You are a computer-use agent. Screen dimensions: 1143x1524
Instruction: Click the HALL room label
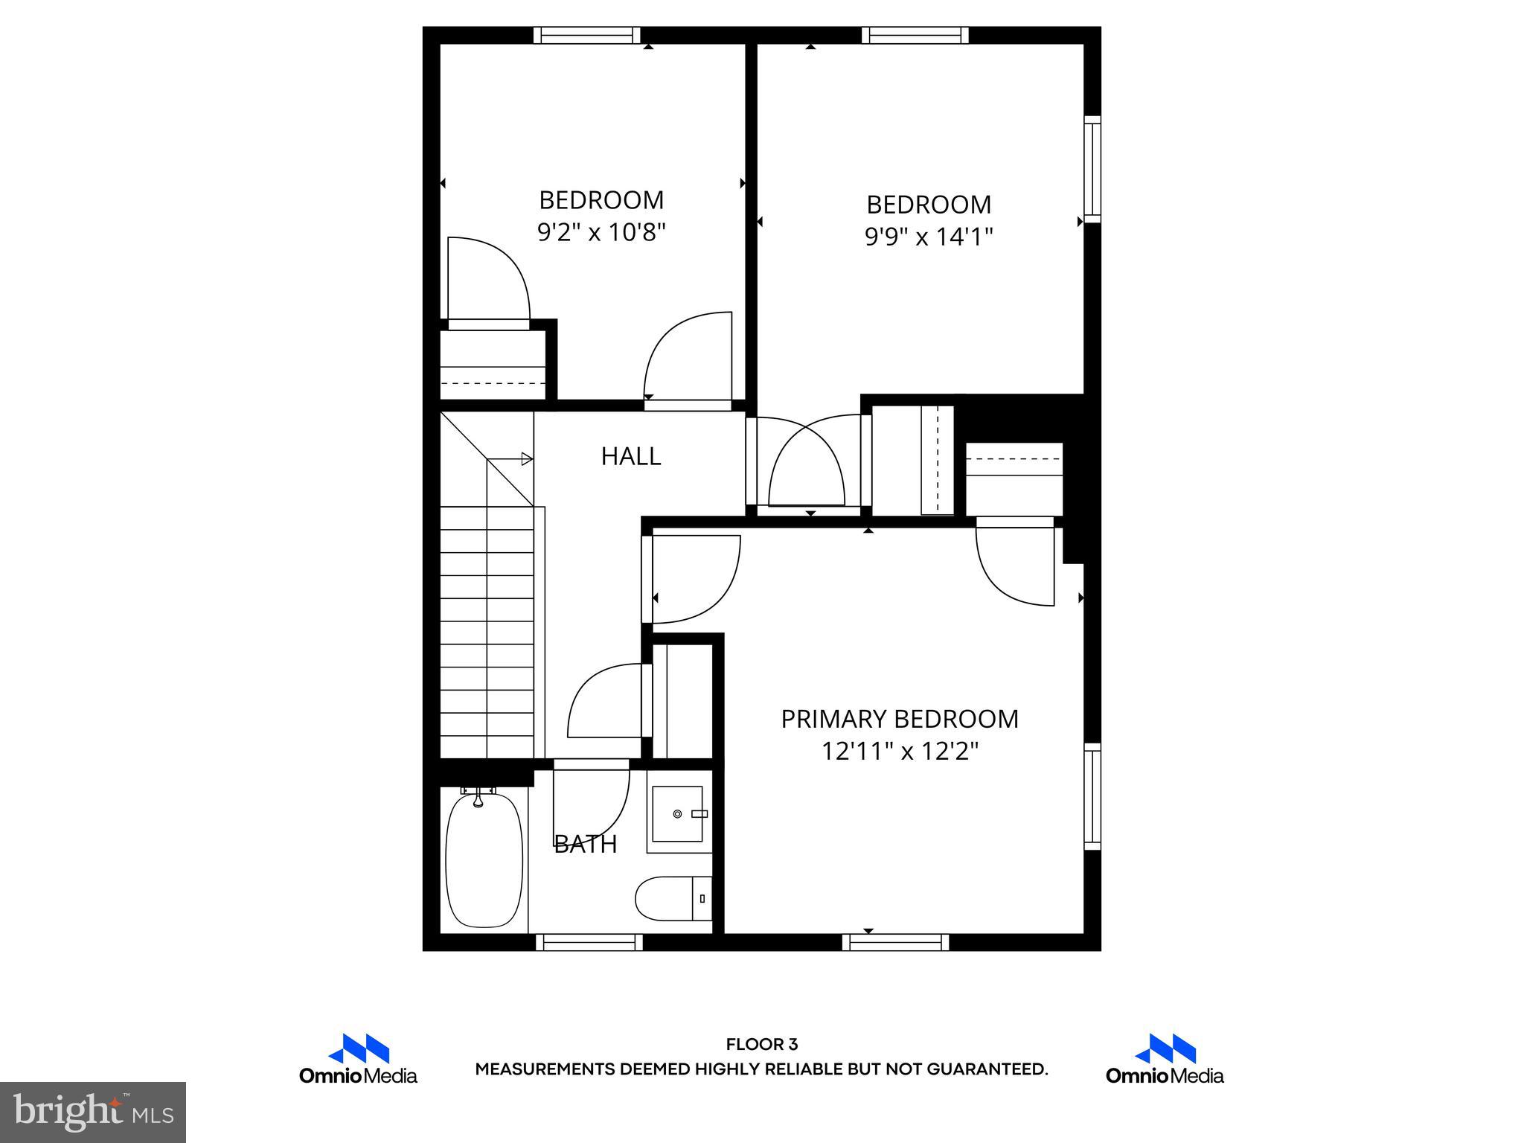coord(631,456)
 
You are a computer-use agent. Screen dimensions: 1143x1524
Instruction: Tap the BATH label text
coord(586,844)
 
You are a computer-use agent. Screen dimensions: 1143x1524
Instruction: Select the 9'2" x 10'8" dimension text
coord(601,233)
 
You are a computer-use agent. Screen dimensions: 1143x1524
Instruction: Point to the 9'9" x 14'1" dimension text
coord(929,237)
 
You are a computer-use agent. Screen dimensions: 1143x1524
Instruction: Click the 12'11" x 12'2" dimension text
coord(899,752)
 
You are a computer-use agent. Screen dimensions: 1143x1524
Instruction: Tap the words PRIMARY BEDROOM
coord(899,719)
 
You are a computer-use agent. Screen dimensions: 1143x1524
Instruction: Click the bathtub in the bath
coord(484,859)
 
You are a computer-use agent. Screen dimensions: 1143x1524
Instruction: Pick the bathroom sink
coord(678,814)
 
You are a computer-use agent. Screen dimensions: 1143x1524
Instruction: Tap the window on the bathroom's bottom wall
coord(589,942)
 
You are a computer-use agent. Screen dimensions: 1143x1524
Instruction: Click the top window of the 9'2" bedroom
coord(587,35)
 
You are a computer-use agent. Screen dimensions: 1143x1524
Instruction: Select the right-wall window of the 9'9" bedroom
coord(1092,169)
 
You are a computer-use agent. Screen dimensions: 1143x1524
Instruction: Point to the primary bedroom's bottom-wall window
coord(895,942)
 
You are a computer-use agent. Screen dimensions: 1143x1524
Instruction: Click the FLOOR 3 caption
coord(761,1045)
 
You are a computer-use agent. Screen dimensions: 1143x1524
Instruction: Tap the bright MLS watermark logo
coord(93,1112)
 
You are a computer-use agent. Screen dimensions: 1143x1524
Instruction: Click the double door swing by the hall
coord(807,465)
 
